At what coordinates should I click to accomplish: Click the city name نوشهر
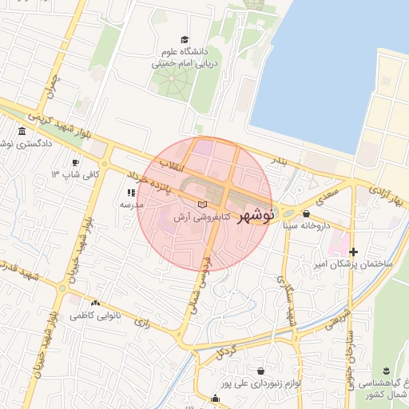(257, 213)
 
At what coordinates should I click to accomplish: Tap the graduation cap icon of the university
(185, 39)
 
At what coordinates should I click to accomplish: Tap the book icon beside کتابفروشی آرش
(201, 206)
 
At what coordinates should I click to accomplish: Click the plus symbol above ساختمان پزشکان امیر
(353, 252)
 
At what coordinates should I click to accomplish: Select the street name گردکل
(227, 352)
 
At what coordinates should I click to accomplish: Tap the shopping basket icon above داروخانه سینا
(306, 213)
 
